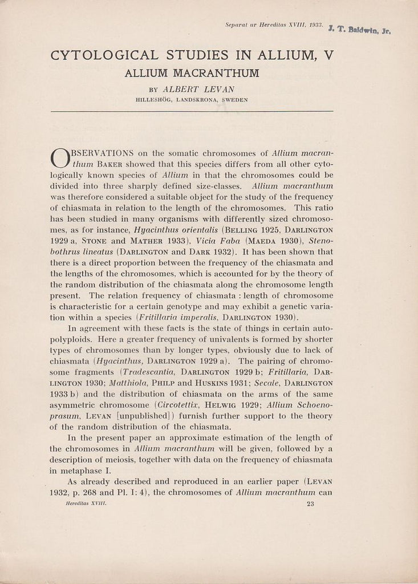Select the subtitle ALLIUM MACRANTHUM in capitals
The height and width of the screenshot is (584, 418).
point(192,73)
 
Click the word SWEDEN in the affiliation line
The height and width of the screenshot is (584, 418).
point(234,100)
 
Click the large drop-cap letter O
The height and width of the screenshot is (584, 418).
point(60,159)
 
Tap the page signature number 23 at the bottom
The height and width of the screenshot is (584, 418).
point(311,504)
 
